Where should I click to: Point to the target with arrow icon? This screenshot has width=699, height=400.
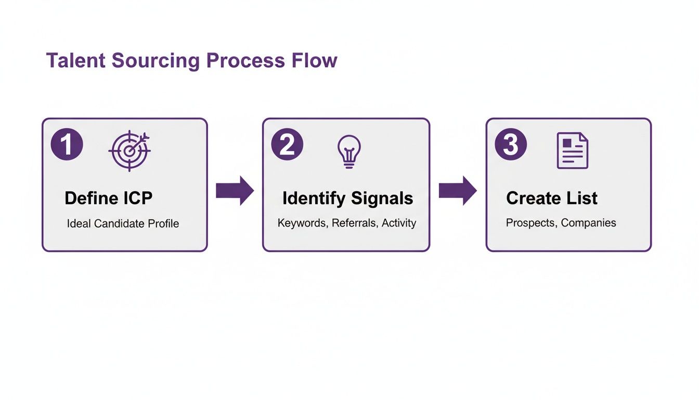[x=130, y=151]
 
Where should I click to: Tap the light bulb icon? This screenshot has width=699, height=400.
[x=349, y=151]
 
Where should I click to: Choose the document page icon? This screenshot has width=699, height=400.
[x=572, y=151]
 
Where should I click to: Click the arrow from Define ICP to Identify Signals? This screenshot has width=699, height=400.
[x=235, y=191]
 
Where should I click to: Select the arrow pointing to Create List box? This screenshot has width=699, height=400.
[x=457, y=191]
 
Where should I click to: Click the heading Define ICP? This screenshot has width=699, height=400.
[x=108, y=198]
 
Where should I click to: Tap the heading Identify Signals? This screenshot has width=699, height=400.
[x=347, y=198]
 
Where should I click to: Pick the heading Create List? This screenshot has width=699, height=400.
[x=551, y=198]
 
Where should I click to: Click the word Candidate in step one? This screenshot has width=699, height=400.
[x=119, y=224]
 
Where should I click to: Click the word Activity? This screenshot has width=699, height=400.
[x=399, y=223]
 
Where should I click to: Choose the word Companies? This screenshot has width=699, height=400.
[x=589, y=223]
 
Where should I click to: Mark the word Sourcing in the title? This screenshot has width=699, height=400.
[x=156, y=61]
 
